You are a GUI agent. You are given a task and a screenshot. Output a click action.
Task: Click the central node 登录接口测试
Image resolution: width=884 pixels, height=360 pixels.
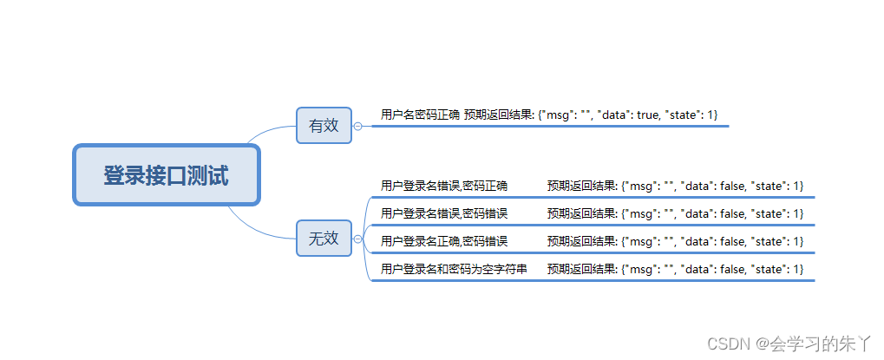167,175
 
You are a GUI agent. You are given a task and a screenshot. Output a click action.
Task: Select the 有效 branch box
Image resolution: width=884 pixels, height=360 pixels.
324,126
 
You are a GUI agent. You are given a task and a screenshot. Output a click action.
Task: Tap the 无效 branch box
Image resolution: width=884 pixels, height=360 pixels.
324,239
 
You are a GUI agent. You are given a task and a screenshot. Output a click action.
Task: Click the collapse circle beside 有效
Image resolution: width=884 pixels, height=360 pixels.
357,126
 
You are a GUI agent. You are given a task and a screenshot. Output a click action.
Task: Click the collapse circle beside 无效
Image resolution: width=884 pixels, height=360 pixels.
357,239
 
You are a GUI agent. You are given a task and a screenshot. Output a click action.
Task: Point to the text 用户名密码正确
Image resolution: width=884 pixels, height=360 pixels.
420,115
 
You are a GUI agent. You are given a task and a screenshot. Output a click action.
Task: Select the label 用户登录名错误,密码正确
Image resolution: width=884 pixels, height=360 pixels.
444,186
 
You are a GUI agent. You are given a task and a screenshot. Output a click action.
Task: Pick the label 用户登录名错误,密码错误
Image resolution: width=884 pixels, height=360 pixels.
444,213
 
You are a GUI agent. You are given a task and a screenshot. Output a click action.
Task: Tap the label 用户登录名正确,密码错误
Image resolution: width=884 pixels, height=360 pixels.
444,241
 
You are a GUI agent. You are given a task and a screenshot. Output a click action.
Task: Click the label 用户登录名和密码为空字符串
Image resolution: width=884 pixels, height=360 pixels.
454,269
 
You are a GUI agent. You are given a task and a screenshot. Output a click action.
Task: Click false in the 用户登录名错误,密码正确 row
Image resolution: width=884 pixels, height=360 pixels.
736,186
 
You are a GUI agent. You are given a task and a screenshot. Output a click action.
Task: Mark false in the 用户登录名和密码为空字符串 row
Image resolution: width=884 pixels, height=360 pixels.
736,269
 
